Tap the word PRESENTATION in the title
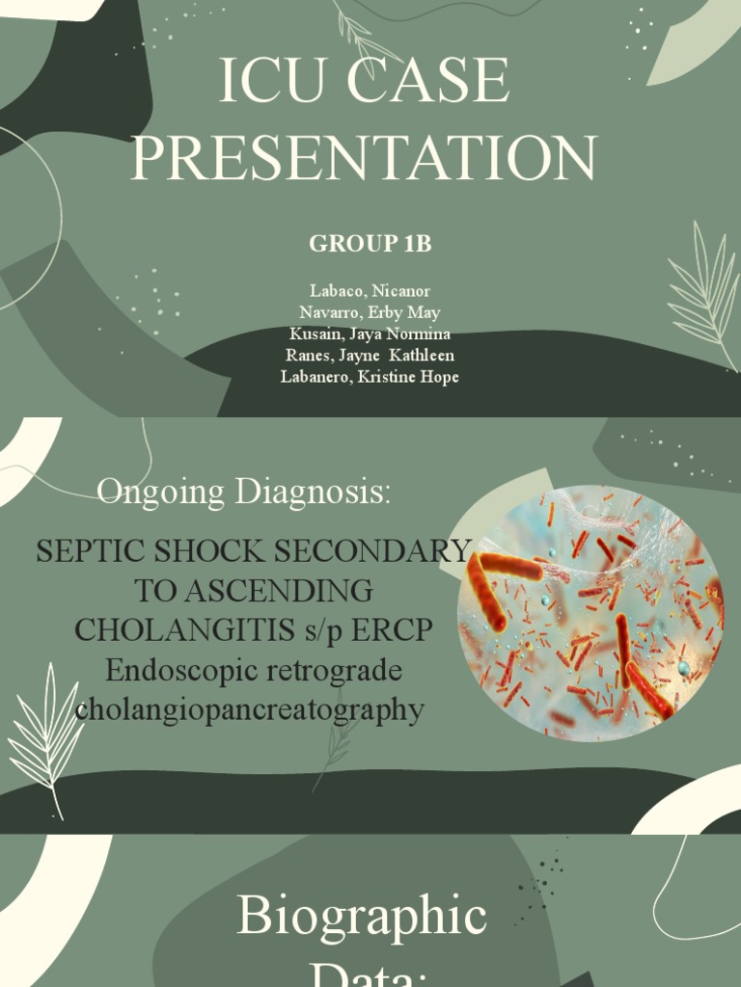364,157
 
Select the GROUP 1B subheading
370,244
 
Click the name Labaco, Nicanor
370,290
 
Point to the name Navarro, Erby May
370,312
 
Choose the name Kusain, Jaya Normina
370,333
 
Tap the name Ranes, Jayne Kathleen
370,355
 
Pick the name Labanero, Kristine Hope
370,376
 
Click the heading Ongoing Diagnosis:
245,492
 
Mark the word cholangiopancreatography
249,709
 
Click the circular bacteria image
590,613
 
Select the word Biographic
362,915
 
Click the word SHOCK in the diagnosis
228,551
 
